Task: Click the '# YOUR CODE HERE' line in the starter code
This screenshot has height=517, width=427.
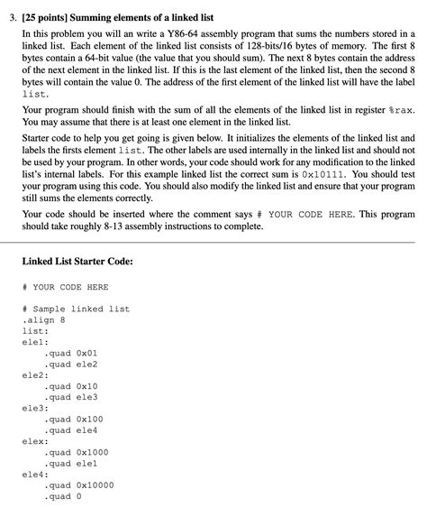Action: (65, 287)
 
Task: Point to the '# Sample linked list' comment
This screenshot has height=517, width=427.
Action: (76, 309)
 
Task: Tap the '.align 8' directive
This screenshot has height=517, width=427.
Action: (44, 319)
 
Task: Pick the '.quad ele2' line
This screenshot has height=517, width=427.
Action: (70, 364)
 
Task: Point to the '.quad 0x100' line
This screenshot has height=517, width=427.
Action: (72, 419)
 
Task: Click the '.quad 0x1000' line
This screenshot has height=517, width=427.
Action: (76, 451)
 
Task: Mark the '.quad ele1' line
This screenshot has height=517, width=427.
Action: (70, 462)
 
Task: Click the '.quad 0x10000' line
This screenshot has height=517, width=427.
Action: (78, 485)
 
